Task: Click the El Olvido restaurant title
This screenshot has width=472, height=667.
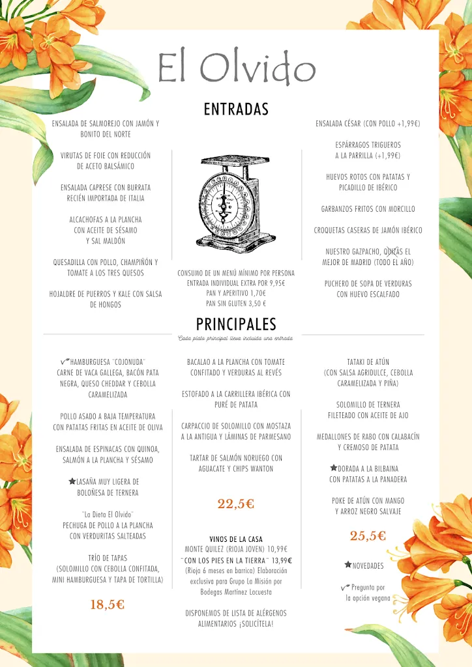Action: [237, 68]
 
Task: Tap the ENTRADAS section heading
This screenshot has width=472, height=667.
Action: [236, 109]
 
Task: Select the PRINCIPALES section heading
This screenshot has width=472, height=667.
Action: [236, 324]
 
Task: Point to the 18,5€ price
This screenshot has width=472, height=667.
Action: [107, 604]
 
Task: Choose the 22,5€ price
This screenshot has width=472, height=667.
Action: [235, 504]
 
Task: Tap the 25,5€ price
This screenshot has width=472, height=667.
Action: [368, 536]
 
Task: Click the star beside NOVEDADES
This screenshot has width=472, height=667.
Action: [348, 565]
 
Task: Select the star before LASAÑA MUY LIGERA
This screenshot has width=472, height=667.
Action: [72, 481]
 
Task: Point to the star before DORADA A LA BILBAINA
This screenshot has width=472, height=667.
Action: [333, 468]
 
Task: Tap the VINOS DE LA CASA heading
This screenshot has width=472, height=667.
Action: [236, 539]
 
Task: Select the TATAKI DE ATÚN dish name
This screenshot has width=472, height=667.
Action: [368, 362]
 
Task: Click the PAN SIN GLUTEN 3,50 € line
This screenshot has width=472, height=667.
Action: [236, 304]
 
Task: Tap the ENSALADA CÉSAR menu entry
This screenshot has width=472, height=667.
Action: [368, 124]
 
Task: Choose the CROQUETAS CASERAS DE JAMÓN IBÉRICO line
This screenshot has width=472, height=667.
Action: [368, 231]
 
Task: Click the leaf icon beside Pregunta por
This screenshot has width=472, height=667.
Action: [346, 587]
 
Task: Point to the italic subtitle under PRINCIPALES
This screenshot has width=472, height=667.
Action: [235, 338]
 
